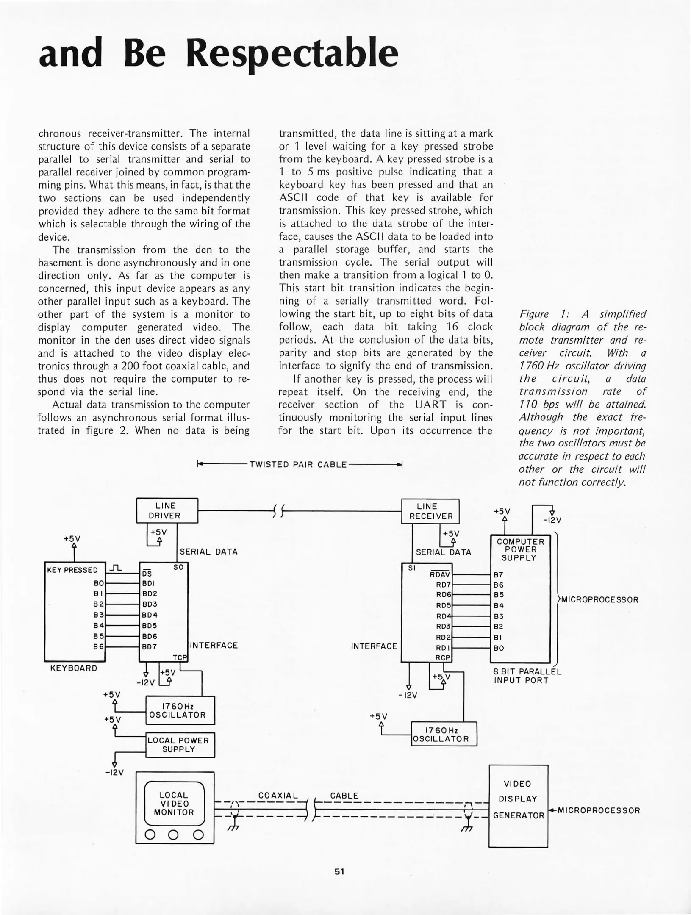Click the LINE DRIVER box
(x=167, y=510)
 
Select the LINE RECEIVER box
(x=430, y=511)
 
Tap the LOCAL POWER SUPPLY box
(x=180, y=745)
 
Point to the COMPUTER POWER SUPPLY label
(x=520, y=549)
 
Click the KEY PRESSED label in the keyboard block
(x=72, y=570)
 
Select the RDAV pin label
(x=439, y=575)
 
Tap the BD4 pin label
(x=150, y=615)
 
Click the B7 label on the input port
(x=498, y=575)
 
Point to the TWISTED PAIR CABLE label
(x=298, y=464)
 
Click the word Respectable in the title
(x=292, y=53)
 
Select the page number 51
(x=339, y=871)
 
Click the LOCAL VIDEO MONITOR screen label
(x=174, y=804)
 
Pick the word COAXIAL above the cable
(x=278, y=796)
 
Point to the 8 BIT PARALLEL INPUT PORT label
(x=527, y=676)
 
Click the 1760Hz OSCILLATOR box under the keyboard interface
(x=180, y=710)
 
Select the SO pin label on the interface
(x=178, y=567)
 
